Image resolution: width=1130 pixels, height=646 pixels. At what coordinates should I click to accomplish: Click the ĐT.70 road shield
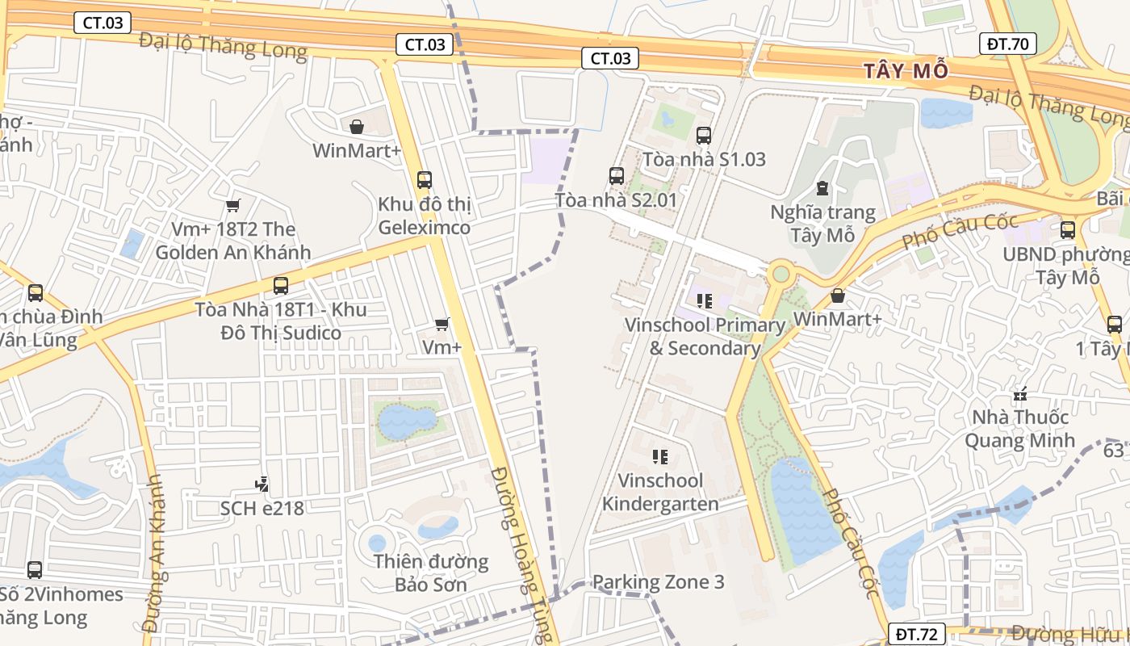(1008, 44)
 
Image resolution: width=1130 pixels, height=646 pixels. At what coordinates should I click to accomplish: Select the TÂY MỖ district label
(906, 70)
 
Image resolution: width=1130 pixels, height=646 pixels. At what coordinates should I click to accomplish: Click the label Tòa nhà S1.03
(704, 158)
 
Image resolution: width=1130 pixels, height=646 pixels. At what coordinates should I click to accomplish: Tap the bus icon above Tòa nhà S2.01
(617, 175)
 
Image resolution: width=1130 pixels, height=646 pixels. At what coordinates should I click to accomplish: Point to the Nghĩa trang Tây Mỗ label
(822, 224)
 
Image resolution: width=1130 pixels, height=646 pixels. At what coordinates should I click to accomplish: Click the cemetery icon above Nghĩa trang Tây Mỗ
(822, 188)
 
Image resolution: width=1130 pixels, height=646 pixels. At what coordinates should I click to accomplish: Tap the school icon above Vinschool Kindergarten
(660, 457)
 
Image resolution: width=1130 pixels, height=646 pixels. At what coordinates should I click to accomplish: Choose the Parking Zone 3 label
(658, 581)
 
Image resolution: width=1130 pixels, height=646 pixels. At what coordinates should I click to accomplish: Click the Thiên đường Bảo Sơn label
(430, 572)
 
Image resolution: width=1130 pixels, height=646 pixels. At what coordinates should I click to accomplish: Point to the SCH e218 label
(262, 508)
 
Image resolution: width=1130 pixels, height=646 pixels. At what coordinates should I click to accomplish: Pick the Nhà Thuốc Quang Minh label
(1020, 428)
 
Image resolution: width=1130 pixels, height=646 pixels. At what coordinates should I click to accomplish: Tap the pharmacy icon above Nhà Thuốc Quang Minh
(1020, 395)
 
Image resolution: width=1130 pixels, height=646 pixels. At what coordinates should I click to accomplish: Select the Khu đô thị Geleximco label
(424, 216)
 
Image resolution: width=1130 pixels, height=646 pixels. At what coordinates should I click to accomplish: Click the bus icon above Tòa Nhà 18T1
(281, 285)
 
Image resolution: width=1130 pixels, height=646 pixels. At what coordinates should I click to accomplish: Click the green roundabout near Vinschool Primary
(780, 274)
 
